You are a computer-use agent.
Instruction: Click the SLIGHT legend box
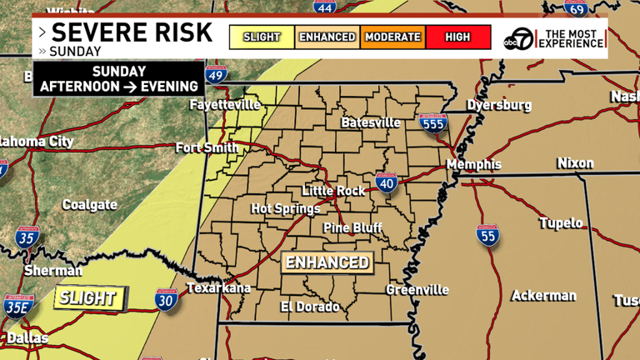tap(262, 37)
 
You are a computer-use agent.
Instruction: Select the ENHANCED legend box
tap(327, 37)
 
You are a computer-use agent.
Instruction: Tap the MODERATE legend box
tap(392, 37)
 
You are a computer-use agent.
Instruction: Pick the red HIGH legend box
tap(457, 37)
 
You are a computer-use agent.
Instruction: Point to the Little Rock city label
tap(333, 191)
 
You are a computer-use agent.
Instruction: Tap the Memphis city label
tap(473, 164)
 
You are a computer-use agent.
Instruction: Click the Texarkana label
tap(217, 288)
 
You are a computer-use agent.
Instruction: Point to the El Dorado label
tap(309, 307)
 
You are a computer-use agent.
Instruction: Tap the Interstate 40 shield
tap(385, 182)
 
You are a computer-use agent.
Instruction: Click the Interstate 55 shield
tap(488, 235)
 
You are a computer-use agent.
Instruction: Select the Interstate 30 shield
tap(166, 301)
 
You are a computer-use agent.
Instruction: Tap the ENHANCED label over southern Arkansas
tap(327, 262)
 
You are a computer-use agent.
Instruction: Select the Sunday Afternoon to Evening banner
tap(119, 79)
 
